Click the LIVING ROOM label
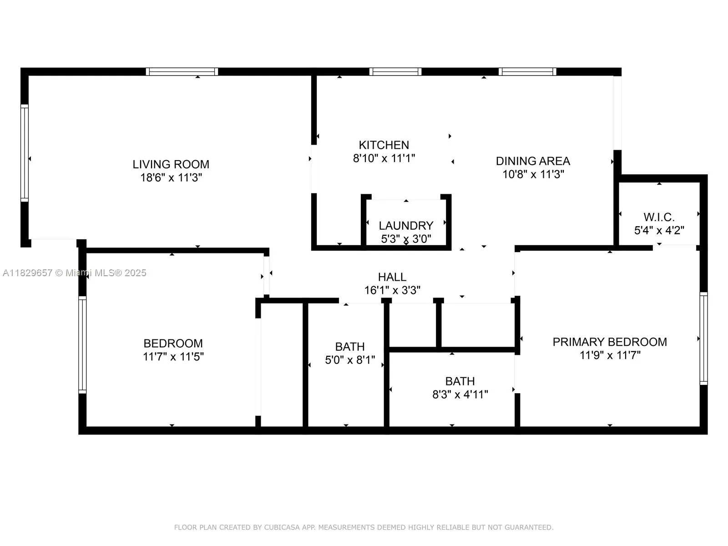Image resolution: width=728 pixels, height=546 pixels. [x=171, y=164]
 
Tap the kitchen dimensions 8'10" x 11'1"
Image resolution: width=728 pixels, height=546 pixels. [x=384, y=158]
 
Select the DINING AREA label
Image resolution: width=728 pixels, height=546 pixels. [x=533, y=161]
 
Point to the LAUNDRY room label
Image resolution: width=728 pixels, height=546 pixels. [x=406, y=226]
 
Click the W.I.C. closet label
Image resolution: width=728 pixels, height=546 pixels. [x=659, y=217]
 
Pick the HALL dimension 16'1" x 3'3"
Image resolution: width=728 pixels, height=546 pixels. [x=392, y=290]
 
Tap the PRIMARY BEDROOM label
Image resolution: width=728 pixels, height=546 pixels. [x=610, y=342]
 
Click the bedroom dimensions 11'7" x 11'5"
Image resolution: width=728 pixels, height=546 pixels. [x=173, y=357]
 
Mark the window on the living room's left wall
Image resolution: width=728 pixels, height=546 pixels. [x=25, y=153]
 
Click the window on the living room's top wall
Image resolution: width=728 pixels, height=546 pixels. [x=182, y=71]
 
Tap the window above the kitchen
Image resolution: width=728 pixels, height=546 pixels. [x=395, y=71]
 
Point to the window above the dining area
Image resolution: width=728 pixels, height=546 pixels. [x=527, y=71]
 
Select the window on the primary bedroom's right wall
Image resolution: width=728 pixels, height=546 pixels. [x=703, y=339]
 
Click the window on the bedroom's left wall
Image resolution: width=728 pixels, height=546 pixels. [x=82, y=344]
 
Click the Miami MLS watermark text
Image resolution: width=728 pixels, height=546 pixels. [x=75, y=273]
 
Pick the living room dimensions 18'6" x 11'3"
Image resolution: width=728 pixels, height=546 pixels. [x=171, y=177]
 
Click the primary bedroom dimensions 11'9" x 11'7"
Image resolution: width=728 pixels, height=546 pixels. [x=610, y=355]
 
